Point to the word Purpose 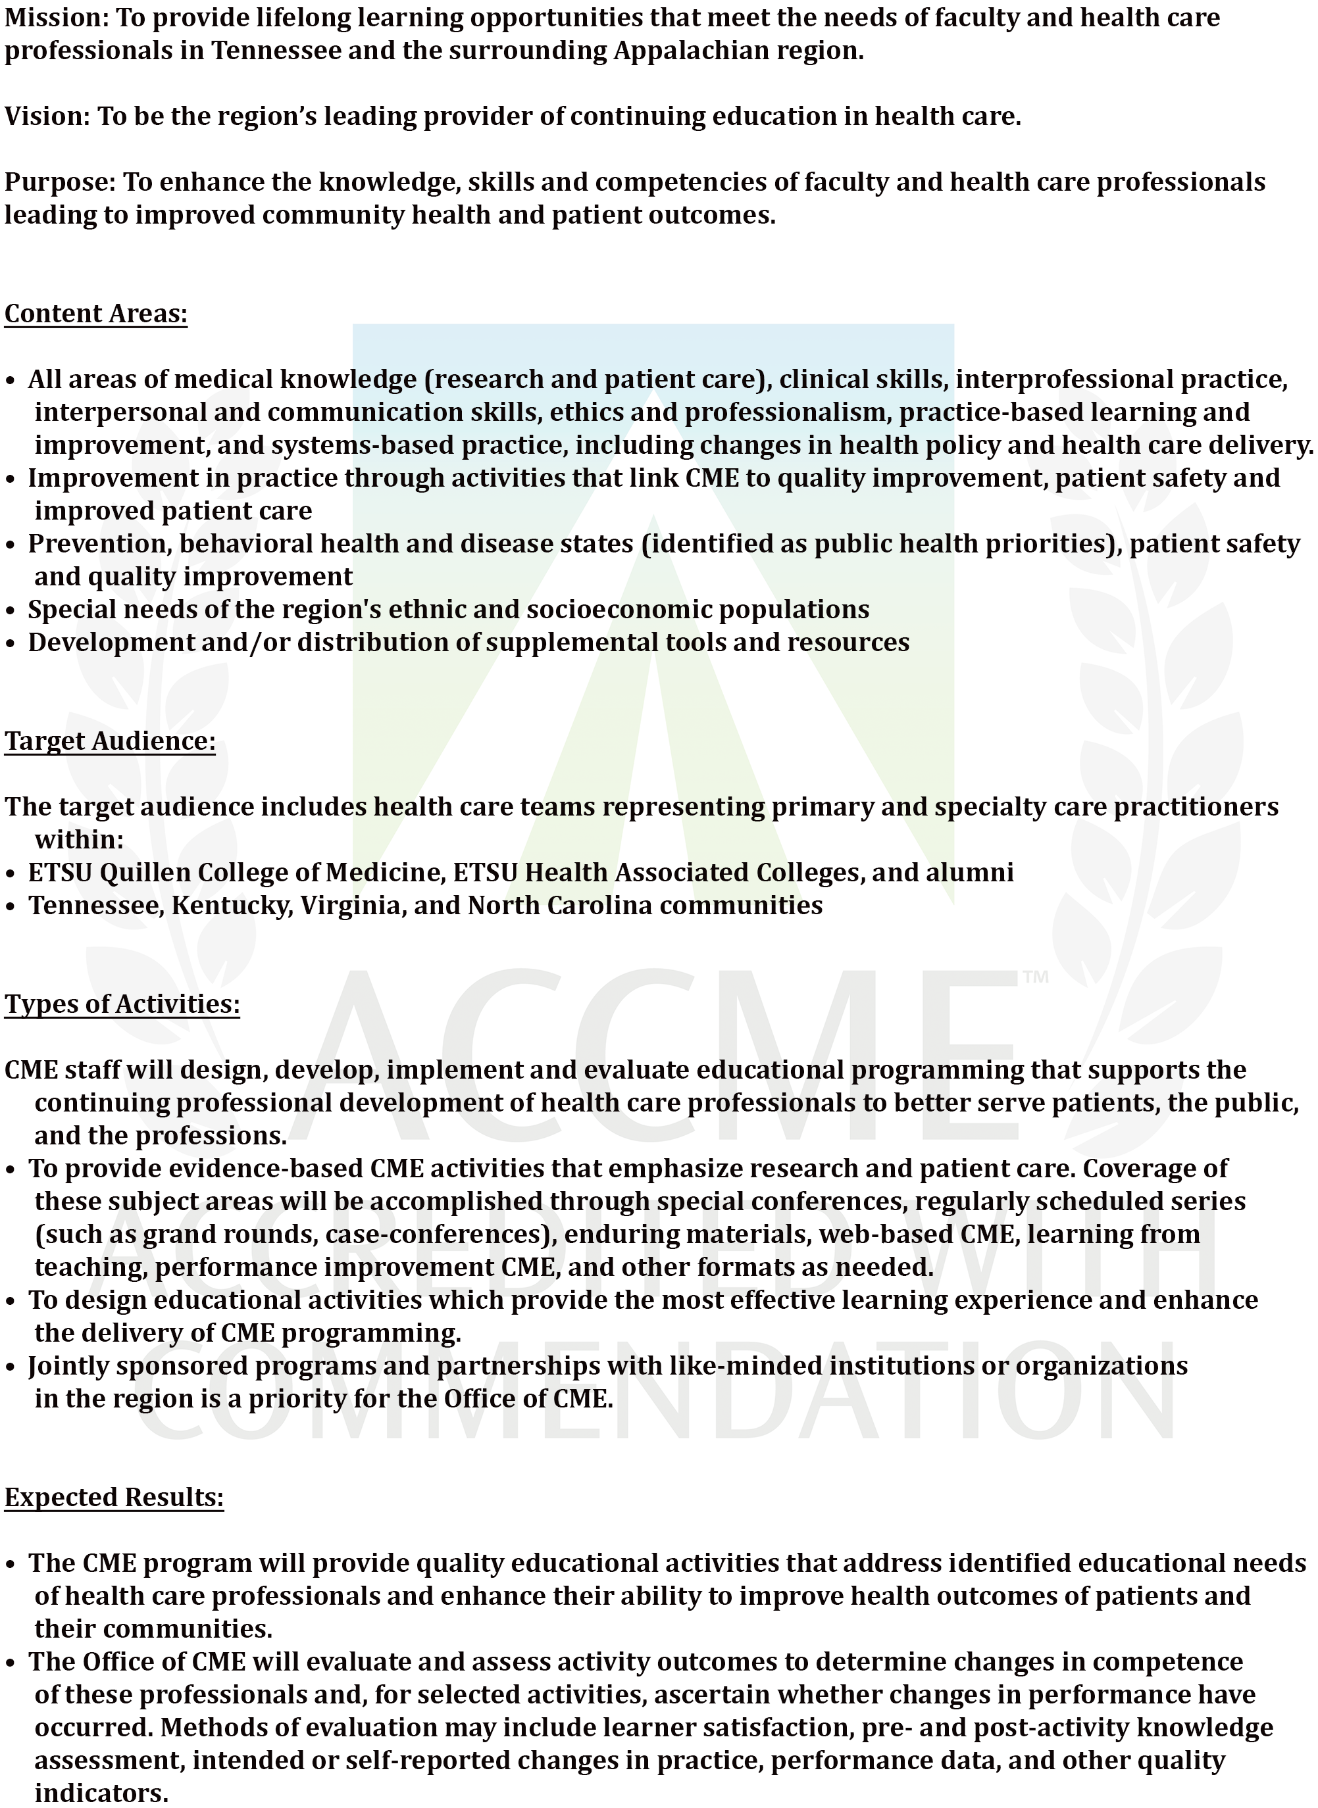[59, 183]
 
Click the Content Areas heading [95, 314]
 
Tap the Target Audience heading [110, 741]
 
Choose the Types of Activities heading [122, 1003]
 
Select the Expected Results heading [114, 1497]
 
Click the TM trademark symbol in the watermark [1036, 977]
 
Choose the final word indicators [101, 1794]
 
